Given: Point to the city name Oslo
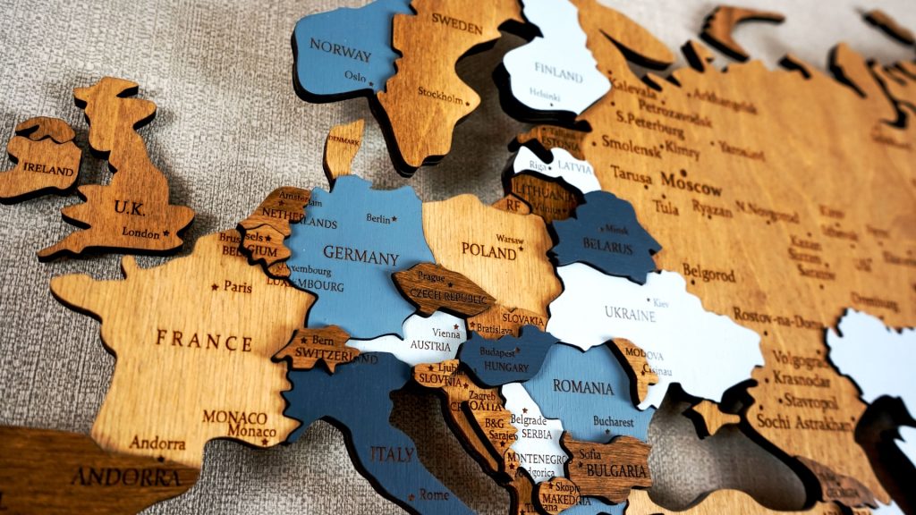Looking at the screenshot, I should [355, 77].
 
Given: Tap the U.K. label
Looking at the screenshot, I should [130, 207].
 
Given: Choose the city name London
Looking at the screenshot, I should [140, 233].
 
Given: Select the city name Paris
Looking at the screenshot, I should [237, 288].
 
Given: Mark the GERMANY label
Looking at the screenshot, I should [360, 257].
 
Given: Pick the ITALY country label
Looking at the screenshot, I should [392, 454].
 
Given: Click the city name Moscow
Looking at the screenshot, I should [691, 184].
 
